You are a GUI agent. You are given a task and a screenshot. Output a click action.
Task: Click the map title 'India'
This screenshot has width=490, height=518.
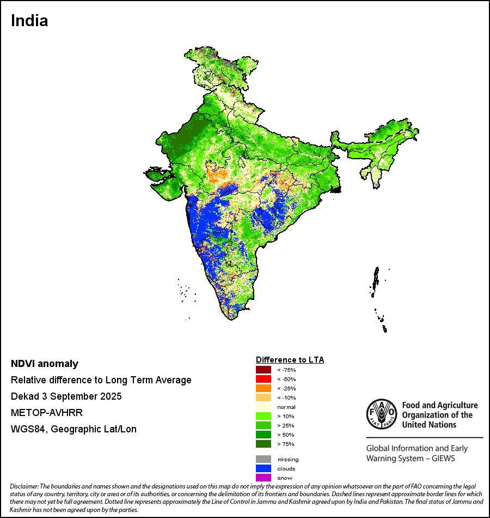pos(29,21)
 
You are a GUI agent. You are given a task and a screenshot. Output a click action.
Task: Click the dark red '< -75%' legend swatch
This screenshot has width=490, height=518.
pos(263,370)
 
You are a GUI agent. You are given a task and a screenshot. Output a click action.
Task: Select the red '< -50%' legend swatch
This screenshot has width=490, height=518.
pos(263,379)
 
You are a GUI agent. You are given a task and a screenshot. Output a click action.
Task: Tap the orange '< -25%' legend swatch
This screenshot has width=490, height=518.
pos(263,388)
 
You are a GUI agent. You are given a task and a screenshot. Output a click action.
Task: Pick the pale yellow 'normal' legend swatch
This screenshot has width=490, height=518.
pos(263,407)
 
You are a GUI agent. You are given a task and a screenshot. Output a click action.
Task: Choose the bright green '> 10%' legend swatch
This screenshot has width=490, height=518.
pos(263,416)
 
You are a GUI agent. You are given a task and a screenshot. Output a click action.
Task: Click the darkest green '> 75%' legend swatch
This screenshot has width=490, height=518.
pos(263,444)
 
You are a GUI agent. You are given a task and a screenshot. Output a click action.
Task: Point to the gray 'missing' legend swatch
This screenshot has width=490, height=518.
pos(263,459)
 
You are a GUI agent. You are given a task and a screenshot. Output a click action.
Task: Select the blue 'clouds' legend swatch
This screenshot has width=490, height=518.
pos(263,468)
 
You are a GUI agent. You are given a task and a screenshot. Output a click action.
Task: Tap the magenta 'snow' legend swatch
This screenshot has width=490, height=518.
pos(263,478)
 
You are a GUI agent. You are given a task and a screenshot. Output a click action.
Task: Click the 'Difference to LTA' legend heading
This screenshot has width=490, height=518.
pos(290,360)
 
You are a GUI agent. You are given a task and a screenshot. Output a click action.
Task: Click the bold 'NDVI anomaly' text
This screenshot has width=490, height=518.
pos(45,364)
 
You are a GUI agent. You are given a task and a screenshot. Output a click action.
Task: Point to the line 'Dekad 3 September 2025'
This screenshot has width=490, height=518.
pos(66,396)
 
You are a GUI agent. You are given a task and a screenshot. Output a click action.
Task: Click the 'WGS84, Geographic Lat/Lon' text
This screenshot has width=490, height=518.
pos(73,429)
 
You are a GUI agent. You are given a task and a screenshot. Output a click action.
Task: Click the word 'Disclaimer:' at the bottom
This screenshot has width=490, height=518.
pos(23,486)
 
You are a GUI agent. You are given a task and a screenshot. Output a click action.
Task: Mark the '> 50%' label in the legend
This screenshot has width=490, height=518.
pos(285,435)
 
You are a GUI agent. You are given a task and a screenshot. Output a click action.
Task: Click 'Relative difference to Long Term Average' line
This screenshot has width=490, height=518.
pos(101,380)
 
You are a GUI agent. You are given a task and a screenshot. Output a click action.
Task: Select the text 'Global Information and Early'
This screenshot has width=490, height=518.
pos(416,449)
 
